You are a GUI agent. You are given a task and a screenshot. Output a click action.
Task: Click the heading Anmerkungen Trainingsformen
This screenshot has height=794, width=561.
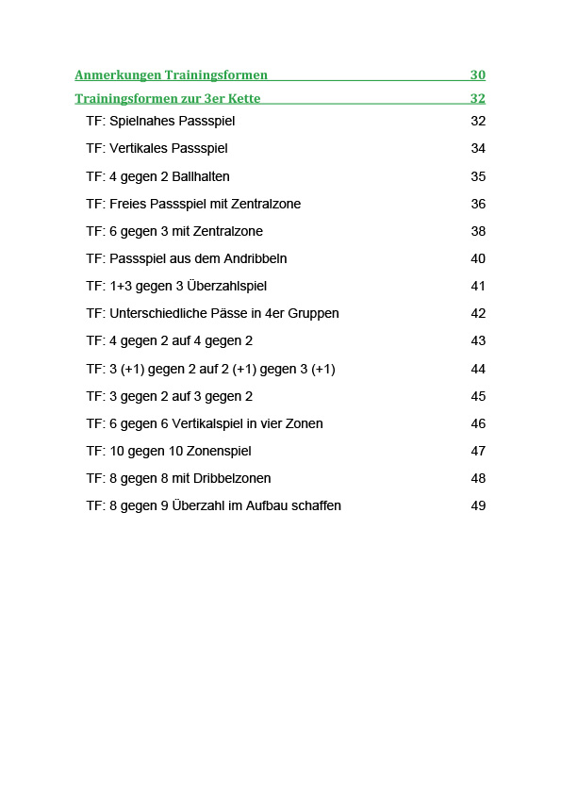click(171, 74)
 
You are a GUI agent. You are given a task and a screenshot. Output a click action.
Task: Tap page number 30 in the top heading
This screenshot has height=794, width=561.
click(477, 74)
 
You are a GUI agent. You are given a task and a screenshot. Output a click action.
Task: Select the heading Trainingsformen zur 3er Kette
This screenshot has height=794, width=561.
click(167, 98)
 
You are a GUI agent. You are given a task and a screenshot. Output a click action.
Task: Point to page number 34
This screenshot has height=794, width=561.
click(478, 149)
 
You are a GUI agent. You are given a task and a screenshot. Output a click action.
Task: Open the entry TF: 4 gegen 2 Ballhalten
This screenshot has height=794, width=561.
click(157, 176)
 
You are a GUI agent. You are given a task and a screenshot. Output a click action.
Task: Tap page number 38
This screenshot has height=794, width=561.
click(478, 231)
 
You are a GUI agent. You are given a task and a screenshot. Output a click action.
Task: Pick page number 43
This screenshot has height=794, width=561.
click(478, 340)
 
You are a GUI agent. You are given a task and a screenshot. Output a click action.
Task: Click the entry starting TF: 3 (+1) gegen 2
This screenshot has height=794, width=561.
click(210, 369)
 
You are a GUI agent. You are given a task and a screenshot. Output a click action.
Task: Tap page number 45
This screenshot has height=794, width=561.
click(478, 396)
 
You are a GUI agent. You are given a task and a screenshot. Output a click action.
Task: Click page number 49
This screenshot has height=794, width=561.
click(478, 505)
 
